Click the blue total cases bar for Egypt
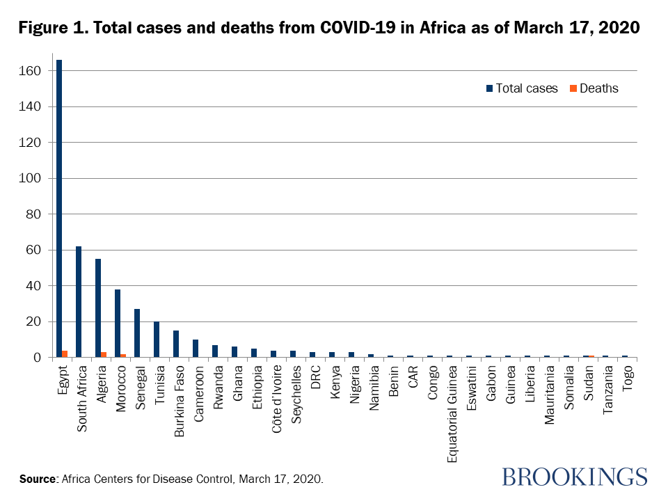coord(59,209)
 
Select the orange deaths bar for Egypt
coord(65,354)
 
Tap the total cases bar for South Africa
coord(79,302)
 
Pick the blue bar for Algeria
coord(98,308)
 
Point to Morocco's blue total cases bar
coord(118,324)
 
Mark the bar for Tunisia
coord(157,340)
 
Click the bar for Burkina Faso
coord(176,344)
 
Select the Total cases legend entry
coord(522,88)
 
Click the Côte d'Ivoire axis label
coord(278,395)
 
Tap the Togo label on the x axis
coord(628,379)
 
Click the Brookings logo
coord(574,477)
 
